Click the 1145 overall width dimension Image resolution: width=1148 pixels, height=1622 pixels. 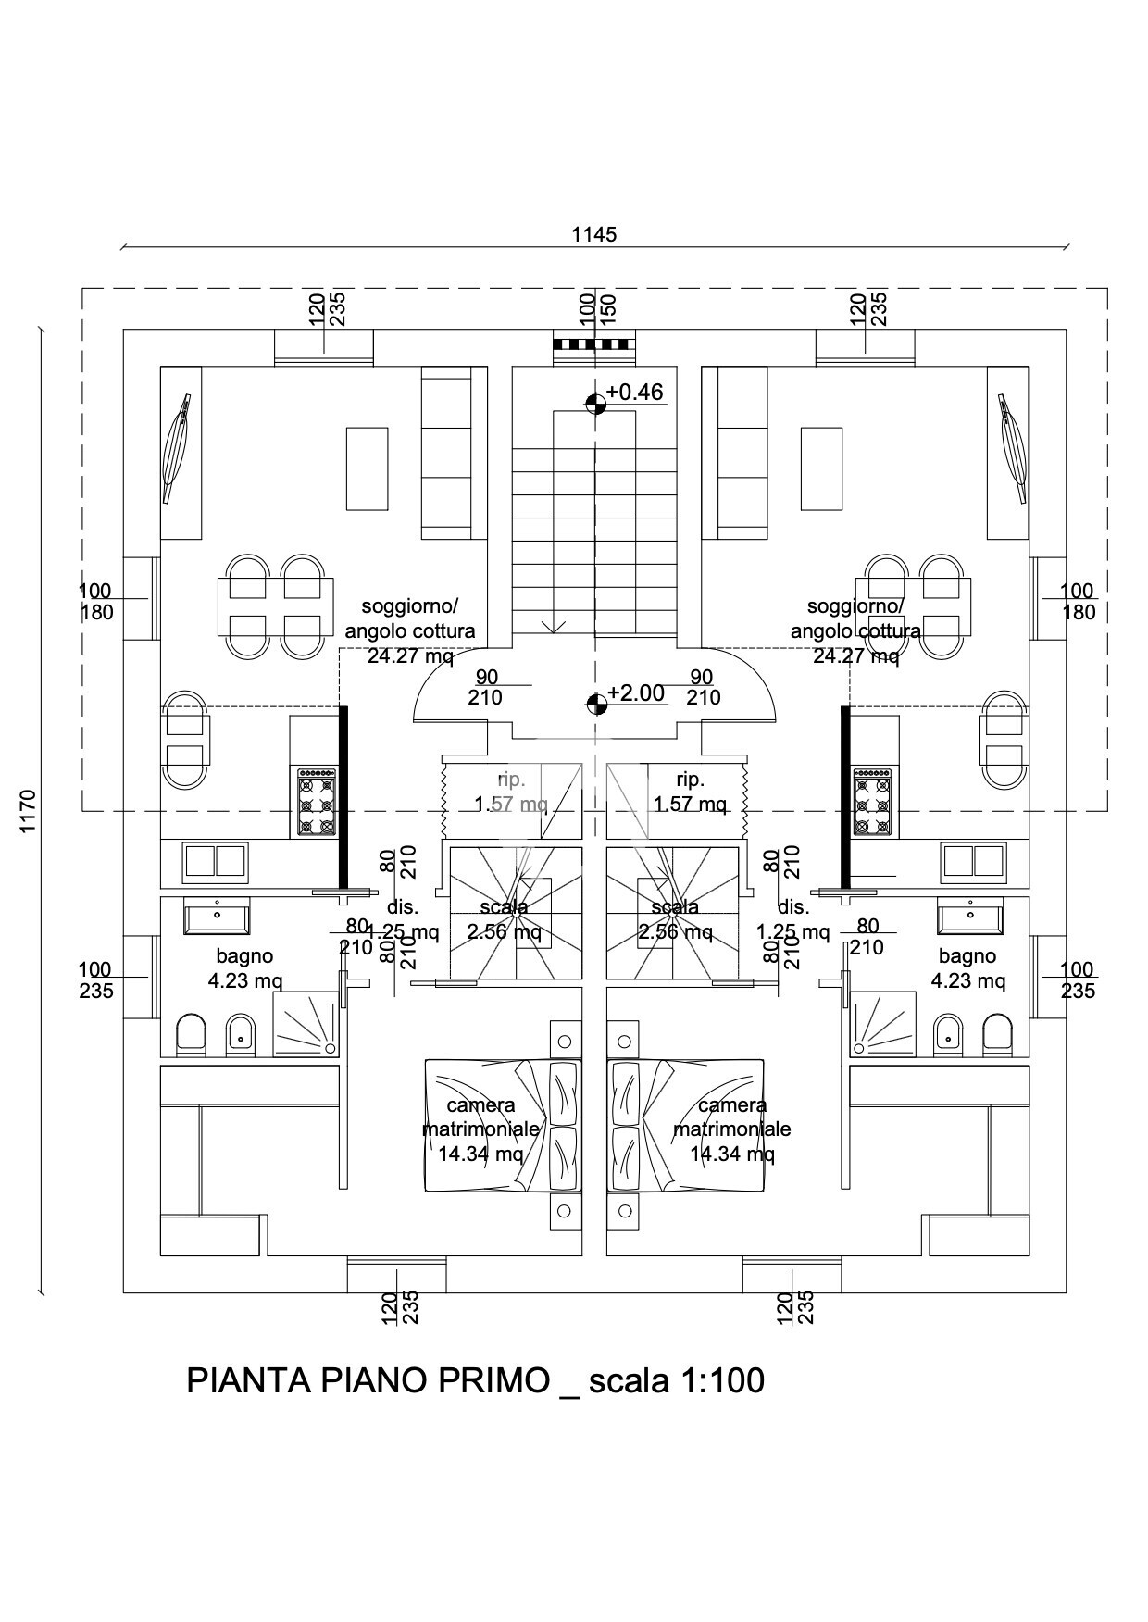pos(593,234)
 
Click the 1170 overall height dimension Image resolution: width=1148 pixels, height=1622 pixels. pos(28,811)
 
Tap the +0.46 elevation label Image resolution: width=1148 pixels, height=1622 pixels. pos(635,393)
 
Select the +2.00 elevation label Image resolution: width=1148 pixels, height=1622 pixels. pos(636,693)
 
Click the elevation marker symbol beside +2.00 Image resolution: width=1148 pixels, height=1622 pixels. pos(595,704)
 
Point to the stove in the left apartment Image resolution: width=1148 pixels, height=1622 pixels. pos(317,802)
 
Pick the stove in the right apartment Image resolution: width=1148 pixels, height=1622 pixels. pos(872,802)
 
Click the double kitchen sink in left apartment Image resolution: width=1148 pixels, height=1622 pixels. pos(215,862)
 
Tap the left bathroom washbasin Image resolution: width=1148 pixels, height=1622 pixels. pos(217,917)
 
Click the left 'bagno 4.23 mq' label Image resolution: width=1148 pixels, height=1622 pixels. pos(245,968)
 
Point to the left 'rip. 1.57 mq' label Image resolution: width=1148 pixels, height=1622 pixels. pos(511,792)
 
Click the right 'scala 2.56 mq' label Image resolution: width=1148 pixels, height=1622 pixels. pos(675,919)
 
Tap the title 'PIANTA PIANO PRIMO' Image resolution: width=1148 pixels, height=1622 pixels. pos(368,1380)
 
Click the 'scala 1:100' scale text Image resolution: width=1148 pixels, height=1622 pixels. pos(677,1380)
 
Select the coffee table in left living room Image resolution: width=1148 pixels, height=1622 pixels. pos(368,468)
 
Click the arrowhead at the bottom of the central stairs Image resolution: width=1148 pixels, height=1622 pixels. pos(554,627)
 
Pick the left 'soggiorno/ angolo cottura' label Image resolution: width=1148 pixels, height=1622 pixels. pos(410,619)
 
